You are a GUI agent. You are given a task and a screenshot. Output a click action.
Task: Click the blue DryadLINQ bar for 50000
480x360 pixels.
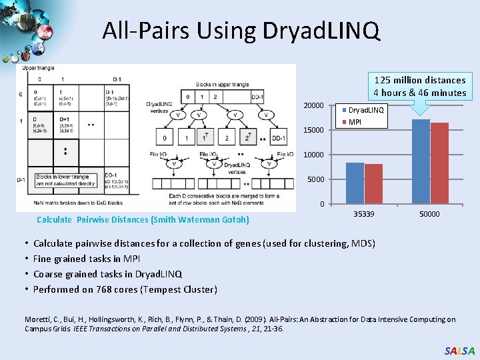click(421, 161)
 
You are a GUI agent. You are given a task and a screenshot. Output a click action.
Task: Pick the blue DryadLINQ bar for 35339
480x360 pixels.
click(355, 183)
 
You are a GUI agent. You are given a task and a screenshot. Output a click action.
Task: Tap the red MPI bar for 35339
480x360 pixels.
click(373, 184)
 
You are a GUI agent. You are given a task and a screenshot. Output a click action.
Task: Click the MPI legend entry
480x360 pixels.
click(355, 122)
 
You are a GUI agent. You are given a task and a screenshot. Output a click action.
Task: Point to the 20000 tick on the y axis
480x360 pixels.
click(313, 105)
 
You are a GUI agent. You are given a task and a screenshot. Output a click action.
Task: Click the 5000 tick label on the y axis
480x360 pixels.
click(315, 179)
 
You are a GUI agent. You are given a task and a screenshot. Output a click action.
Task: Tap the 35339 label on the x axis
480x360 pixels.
click(363, 215)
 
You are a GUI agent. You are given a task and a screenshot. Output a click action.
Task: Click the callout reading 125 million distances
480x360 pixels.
click(419, 86)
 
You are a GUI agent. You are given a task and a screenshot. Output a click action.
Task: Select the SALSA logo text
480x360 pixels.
click(459, 351)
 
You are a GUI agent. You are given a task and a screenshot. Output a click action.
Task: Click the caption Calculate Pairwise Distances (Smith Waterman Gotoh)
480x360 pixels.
click(143, 219)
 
